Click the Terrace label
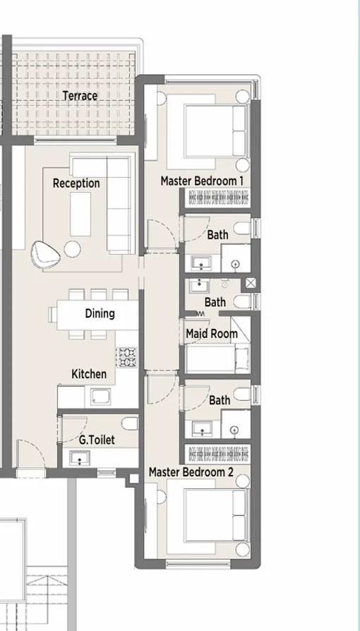point(80,95)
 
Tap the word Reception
point(76,184)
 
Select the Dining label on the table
point(100,313)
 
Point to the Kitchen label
point(89,374)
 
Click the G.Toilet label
point(97,440)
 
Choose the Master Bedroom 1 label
point(202,181)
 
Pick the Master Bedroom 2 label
point(191,471)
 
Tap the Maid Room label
point(211,333)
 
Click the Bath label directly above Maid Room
point(215,302)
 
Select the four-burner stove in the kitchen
point(127,358)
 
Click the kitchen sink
point(100,397)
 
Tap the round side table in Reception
point(73,248)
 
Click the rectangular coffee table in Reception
point(80,215)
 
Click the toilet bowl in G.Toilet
point(129,423)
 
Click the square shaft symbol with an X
point(251,284)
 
